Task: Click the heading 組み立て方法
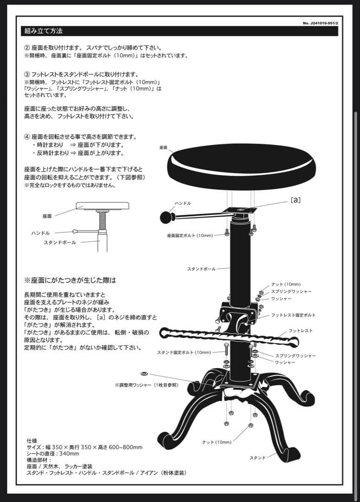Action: (x=44, y=32)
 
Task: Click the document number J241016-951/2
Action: (x=320, y=23)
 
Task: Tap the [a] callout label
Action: (x=295, y=200)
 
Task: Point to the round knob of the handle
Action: (x=165, y=217)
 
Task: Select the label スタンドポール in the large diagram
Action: (x=201, y=269)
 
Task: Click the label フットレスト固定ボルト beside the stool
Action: (x=293, y=315)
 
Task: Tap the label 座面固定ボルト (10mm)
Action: (x=190, y=236)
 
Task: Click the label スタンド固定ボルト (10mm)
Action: (x=184, y=352)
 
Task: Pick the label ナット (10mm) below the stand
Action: (x=216, y=442)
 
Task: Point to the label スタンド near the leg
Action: (x=258, y=458)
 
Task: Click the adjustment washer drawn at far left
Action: (x=144, y=373)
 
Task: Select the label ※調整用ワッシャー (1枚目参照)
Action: (x=146, y=385)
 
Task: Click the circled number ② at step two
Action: (x=27, y=48)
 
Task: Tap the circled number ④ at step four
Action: (x=27, y=137)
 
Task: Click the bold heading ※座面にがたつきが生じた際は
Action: (x=70, y=281)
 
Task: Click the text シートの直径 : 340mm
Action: (x=53, y=454)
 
